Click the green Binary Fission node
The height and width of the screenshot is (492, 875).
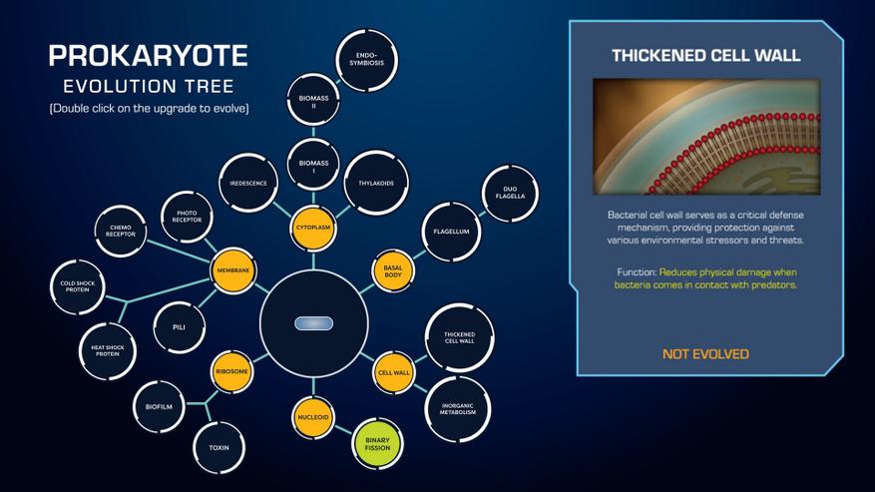(378, 444)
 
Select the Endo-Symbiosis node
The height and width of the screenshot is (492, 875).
(366, 60)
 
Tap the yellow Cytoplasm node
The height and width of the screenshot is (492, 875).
(313, 228)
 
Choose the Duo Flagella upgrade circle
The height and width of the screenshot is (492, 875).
(510, 193)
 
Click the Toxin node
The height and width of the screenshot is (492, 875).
(219, 448)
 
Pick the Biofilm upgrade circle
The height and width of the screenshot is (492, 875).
(159, 407)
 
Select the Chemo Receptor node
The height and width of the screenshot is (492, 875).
(121, 232)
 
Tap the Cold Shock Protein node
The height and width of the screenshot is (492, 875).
(78, 287)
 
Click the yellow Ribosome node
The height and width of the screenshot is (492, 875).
(231, 371)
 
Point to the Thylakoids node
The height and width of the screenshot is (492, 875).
(376, 184)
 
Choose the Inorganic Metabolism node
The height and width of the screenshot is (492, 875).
(458, 409)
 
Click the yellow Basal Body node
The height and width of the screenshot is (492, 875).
(393, 271)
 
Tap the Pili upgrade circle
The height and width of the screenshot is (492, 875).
(180, 327)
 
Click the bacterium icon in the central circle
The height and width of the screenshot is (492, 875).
(313, 323)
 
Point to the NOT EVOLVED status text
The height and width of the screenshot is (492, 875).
(706, 354)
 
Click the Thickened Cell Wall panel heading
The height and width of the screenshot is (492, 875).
(706, 55)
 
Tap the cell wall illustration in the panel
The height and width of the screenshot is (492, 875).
(706, 137)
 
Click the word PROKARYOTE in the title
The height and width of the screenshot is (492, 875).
(149, 55)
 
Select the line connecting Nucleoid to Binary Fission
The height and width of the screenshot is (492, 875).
(344, 429)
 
